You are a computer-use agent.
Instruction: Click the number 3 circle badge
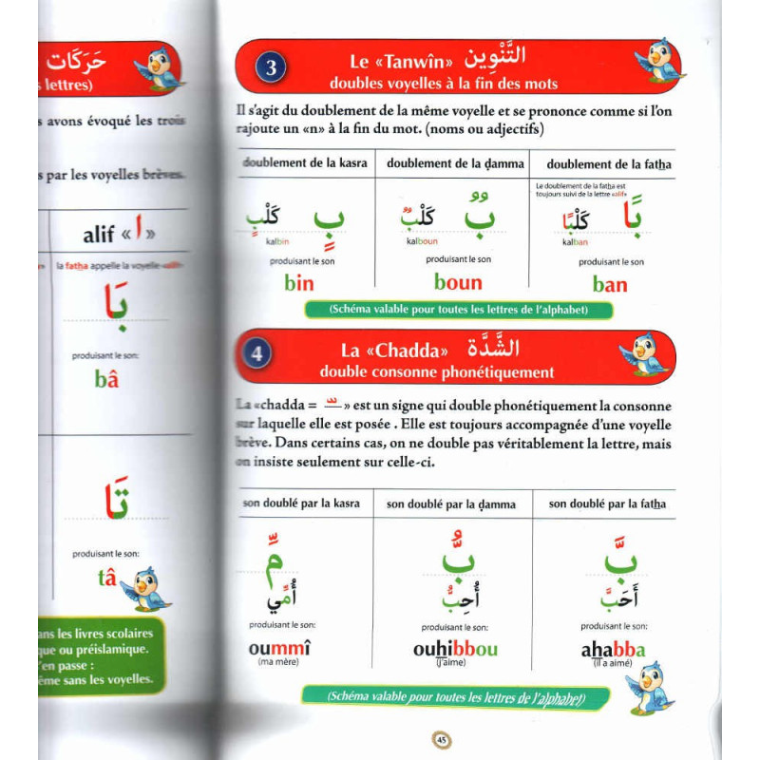pos(271,67)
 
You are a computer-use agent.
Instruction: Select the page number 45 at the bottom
pos(441,741)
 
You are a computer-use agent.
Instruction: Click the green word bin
pos(299,283)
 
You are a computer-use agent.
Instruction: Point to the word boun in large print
pos(458,282)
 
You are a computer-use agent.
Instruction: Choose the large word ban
pos(610,283)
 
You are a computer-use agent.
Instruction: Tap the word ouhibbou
pos(455,650)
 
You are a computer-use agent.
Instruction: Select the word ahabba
pos(613,651)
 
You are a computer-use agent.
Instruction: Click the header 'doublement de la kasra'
pos(305,163)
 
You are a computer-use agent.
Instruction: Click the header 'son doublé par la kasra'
pos(301,503)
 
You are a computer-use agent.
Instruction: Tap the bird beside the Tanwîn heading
pos(661,63)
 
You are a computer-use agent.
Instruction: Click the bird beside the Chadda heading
pos(646,353)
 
